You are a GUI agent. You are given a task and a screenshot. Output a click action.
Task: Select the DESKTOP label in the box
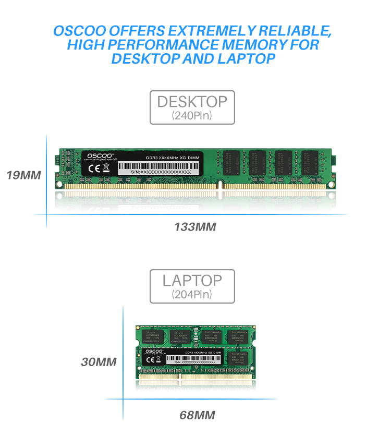tap(192, 101)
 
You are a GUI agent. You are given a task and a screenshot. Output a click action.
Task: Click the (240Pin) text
tap(192, 115)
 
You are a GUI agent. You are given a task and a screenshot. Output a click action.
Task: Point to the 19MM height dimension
tap(23, 174)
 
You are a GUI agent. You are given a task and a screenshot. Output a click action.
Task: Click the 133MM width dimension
tap(194, 227)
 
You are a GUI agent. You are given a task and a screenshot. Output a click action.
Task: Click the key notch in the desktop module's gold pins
tap(221, 185)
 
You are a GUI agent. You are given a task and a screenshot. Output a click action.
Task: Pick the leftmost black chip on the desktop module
tap(232, 162)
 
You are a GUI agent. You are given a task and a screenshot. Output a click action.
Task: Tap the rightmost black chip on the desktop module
tap(309, 162)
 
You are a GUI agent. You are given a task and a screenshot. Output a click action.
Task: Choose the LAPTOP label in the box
tap(192, 280)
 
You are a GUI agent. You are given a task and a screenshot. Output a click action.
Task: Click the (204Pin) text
tap(192, 294)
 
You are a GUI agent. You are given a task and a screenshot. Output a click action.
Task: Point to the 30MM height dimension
tap(99, 361)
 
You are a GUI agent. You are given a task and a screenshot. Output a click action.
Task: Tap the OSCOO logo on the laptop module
tap(155, 352)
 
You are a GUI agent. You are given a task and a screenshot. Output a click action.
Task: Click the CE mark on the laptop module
tap(149, 360)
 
